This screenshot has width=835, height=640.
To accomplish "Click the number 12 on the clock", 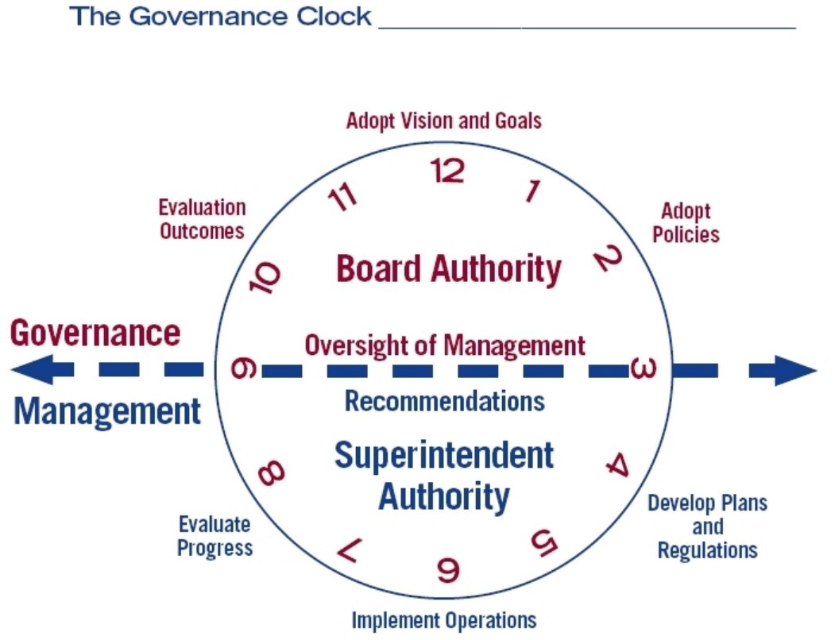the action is [x=447, y=171].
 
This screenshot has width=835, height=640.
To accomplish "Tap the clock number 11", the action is [x=342, y=196].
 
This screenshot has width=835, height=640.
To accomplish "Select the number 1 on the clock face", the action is [x=532, y=191].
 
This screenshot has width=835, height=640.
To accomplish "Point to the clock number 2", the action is [x=608, y=258].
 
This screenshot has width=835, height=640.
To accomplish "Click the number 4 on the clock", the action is [x=618, y=465].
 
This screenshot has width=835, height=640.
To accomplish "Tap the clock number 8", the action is [x=271, y=472].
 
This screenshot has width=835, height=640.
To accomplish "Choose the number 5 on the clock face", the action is [x=544, y=542].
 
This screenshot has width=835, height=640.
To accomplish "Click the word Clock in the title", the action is [x=334, y=17].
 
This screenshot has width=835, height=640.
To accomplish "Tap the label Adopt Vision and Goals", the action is [x=443, y=121].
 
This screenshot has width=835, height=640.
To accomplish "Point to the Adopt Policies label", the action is [x=686, y=223].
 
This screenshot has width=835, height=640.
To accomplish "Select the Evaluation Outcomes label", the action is [x=203, y=219].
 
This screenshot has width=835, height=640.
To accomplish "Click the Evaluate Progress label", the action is [x=215, y=536].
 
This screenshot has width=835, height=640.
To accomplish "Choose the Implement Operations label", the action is [x=444, y=621].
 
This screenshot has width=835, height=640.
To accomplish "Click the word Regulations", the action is [x=707, y=550].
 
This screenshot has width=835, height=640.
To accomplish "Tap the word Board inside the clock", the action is [x=379, y=268].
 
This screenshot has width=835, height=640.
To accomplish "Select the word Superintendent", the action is [x=444, y=456].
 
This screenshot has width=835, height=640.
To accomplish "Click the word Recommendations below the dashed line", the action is [x=445, y=401].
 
